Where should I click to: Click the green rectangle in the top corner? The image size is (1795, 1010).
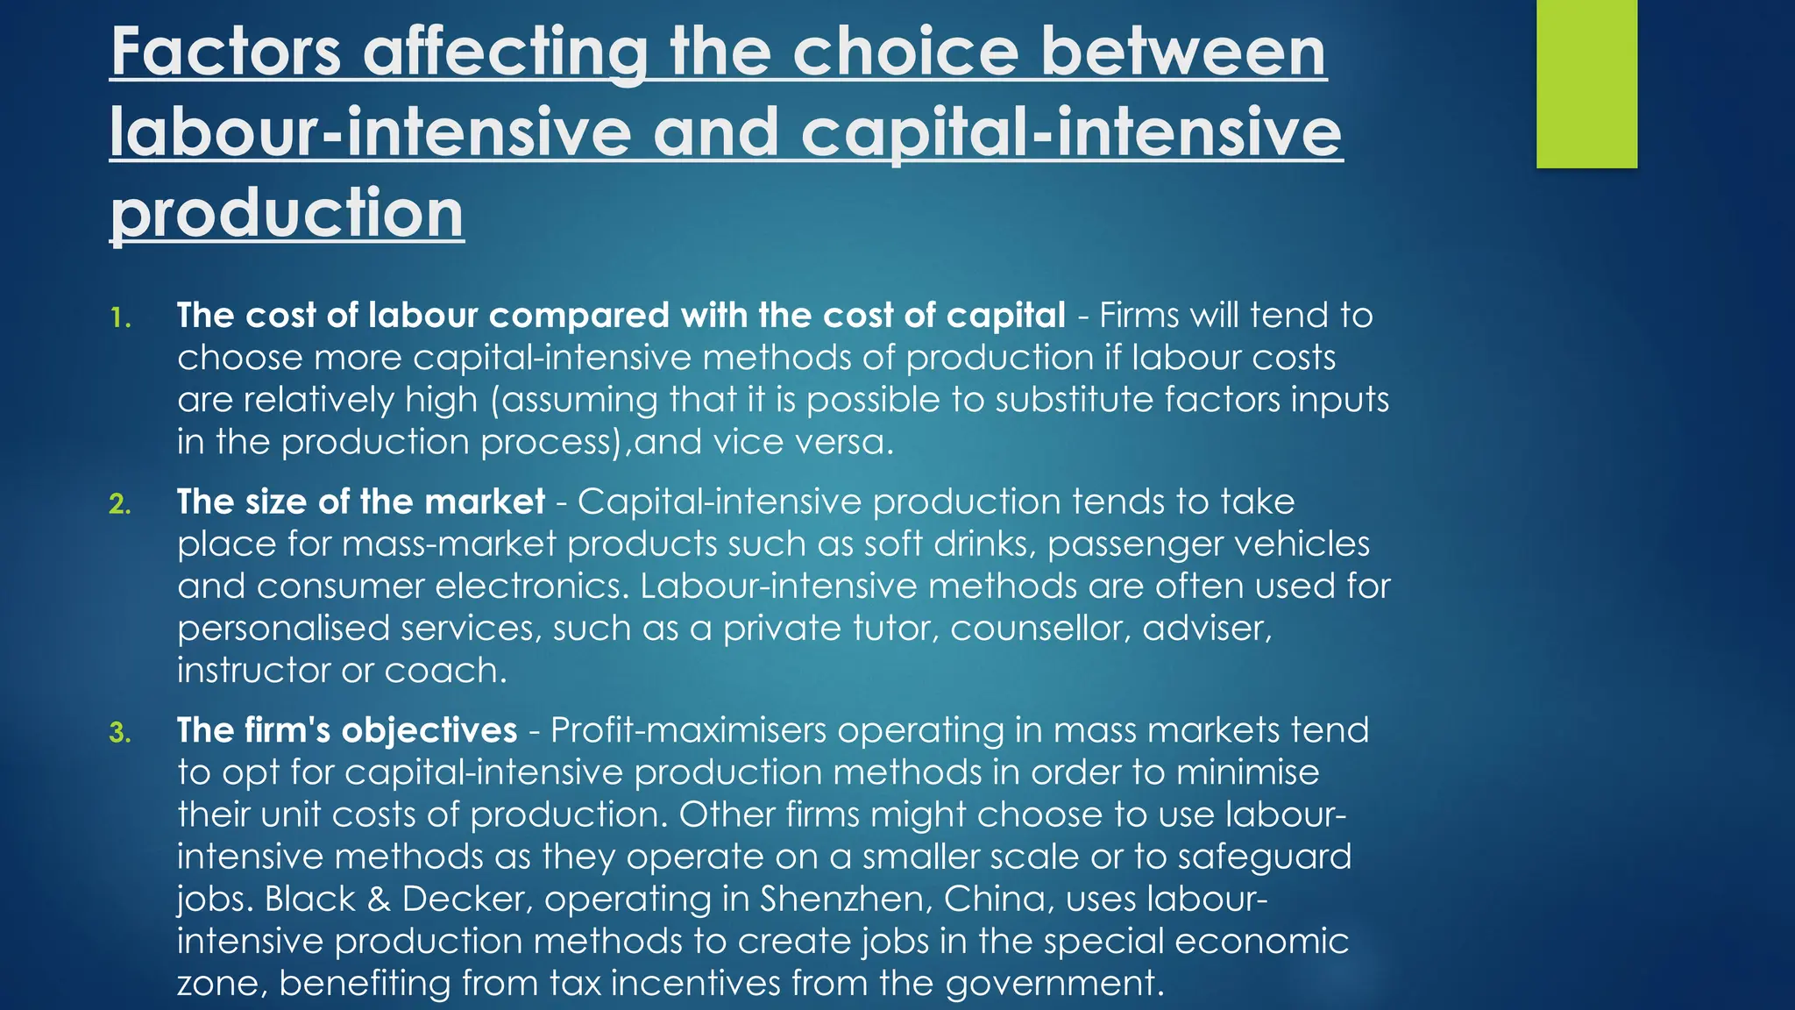[1586, 83]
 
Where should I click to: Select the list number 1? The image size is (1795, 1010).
[120, 317]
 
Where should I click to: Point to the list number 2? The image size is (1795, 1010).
[120, 504]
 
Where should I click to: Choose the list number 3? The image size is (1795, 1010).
[120, 733]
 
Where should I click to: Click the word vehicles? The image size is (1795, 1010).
[1301, 544]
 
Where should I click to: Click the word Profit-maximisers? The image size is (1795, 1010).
[688, 730]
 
